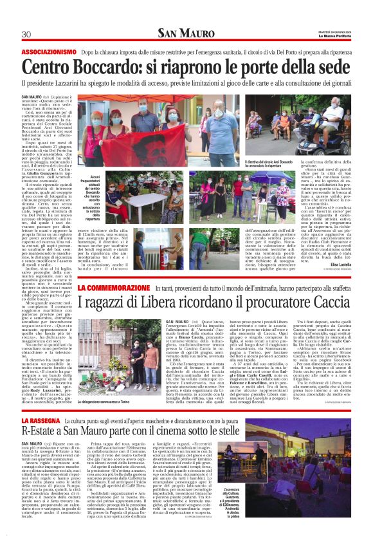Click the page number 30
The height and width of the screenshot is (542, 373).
26,34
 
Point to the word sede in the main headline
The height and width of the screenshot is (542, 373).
329,67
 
